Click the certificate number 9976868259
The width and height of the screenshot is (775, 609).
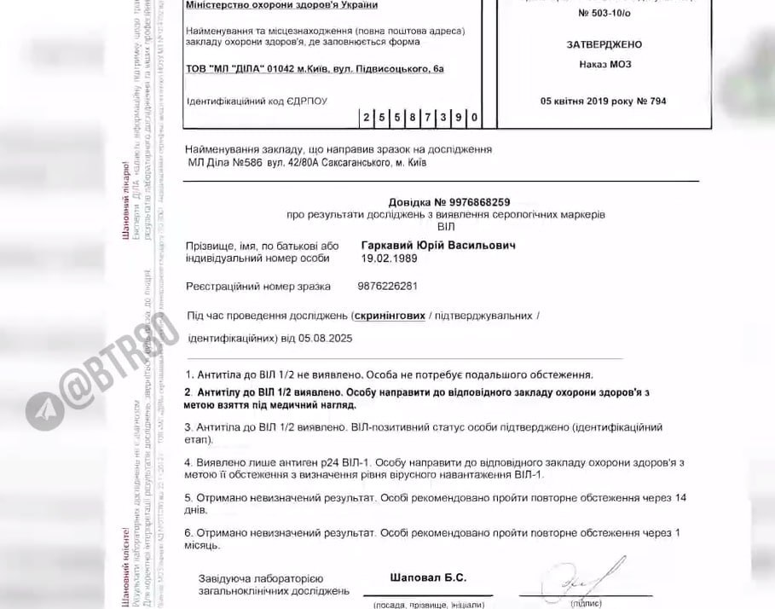point(479,202)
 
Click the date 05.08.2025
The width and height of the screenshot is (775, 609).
point(326,338)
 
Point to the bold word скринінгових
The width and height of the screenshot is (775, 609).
point(390,316)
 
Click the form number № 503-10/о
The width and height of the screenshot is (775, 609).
point(604,14)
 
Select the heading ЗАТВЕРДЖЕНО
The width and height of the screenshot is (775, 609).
point(604,44)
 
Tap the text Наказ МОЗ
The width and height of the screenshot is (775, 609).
point(604,64)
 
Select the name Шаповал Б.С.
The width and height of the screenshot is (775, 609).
point(428,577)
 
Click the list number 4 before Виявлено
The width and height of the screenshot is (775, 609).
point(188,461)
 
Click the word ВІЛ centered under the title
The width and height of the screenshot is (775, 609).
point(447,227)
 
